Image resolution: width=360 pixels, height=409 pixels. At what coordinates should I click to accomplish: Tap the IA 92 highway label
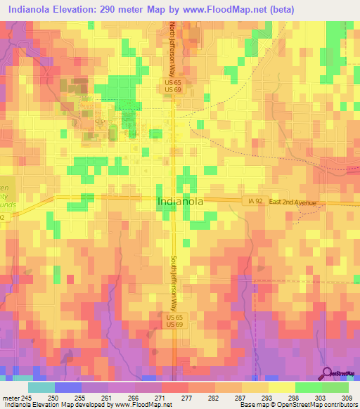pos(255,202)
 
